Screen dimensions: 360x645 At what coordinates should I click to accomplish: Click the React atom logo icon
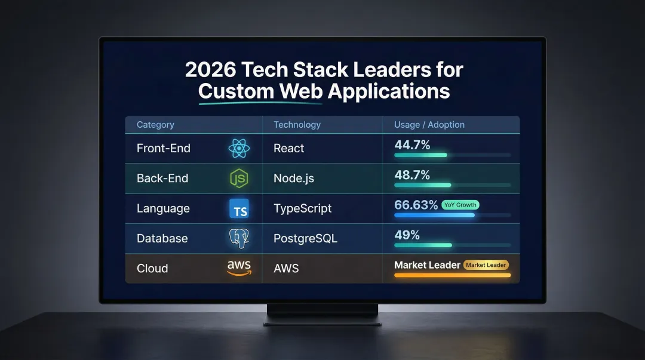click(x=239, y=149)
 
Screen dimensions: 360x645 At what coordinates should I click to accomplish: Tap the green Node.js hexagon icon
click(x=239, y=179)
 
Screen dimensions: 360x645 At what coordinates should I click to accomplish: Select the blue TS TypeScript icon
click(x=239, y=208)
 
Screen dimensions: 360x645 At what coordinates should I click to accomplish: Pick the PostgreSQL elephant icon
click(x=239, y=238)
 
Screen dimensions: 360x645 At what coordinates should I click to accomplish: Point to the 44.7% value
click(x=412, y=144)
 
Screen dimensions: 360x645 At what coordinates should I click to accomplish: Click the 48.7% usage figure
click(x=412, y=174)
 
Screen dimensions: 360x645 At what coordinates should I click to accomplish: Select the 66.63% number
click(x=416, y=205)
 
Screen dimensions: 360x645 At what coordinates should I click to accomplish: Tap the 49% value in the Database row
click(x=407, y=235)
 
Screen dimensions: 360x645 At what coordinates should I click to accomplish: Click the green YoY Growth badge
click(x=460, y=205)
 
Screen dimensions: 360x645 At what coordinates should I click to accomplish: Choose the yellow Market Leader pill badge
click(x=486, y=264)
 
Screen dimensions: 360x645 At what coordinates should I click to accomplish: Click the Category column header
click(x=155, y=125)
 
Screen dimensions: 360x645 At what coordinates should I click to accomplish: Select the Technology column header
click(x=297, y=125)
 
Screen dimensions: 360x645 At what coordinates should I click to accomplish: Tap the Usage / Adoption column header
click(x=429, y=125)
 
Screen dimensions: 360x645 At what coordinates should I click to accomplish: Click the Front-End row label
click(x=163, y=149)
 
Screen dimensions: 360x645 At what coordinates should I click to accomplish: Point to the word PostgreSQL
click(x=305, y=238)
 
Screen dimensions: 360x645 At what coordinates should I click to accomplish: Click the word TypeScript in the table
click(x=302, y=208)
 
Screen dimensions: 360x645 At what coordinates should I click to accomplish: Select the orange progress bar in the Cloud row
click(x=452, y=275)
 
